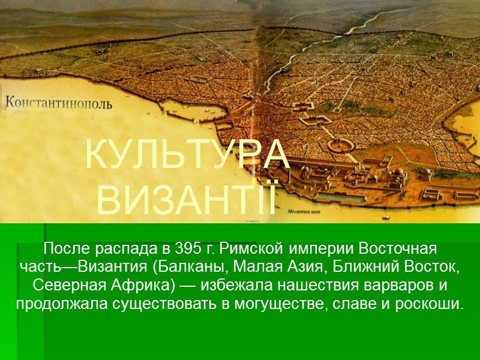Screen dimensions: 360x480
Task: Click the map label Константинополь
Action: coord(58,103)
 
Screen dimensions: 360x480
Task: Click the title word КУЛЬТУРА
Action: coord(187,155)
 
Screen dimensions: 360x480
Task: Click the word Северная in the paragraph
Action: coord(64,284)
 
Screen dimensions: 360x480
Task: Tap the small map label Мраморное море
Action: coord(307,211)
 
